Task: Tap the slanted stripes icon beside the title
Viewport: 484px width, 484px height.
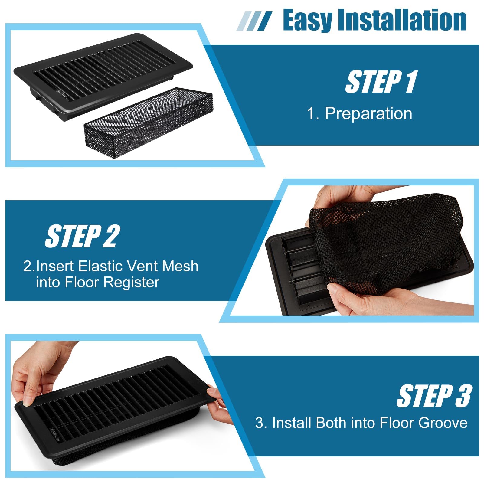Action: (x=254, y=21)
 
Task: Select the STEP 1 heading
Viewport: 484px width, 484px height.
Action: (x=381, y=81)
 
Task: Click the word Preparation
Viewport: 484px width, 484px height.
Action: (x=368, y=114)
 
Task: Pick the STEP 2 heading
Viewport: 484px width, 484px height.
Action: (x=83, y=236)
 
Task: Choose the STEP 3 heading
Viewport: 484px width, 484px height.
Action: (x=434, y=396)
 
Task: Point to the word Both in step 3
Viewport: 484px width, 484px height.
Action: (x=329, y=423)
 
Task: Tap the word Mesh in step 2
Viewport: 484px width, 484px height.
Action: (x=180, y=266)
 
